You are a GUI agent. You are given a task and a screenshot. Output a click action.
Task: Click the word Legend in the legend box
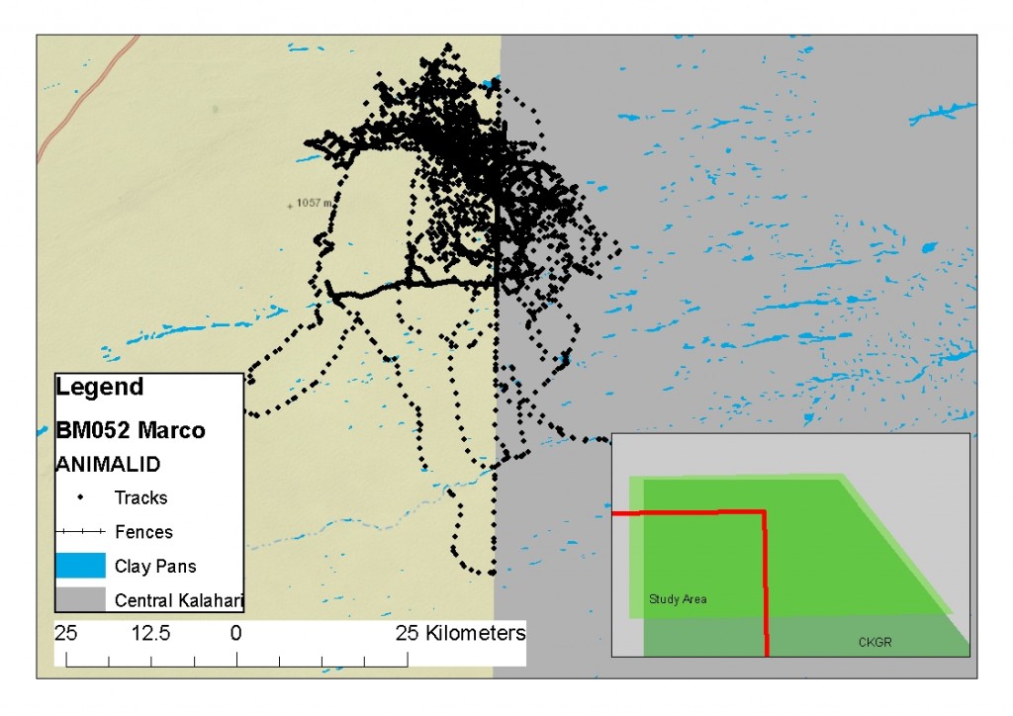(100, 387)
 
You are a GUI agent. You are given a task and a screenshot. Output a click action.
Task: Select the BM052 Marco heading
(131, 431)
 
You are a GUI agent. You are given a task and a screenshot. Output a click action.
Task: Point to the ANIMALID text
(109, 463)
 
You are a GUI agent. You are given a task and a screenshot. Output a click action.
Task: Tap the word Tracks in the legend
(140, 497)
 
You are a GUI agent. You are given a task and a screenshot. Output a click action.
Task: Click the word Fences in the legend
(143, 532)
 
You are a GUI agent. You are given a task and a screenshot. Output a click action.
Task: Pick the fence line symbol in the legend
(80, 532)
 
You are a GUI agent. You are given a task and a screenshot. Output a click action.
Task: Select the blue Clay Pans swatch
(80, 566)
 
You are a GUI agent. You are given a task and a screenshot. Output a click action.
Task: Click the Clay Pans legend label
(155, 567)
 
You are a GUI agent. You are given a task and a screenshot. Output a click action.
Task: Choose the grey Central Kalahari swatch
(80, 599)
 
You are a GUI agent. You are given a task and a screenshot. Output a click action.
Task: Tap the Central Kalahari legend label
(178, 600)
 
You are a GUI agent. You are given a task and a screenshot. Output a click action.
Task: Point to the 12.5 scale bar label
(151, 633)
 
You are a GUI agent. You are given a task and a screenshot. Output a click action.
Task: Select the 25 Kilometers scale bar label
(460, 633)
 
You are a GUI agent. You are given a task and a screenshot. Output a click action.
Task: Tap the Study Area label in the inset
(678, 599)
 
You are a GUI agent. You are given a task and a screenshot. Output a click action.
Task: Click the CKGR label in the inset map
(875, 643)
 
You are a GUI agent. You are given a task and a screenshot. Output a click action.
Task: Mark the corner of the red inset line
(764, 512)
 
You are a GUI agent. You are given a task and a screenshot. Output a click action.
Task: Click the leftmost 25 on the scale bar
(66, 633)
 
